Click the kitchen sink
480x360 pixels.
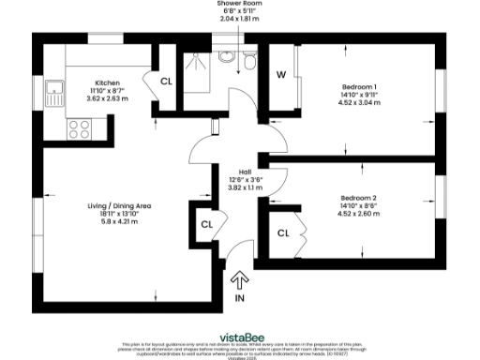(x=57, y=94)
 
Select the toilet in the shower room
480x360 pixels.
(x=248, y=62)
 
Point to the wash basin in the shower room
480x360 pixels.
(x=227, y=57)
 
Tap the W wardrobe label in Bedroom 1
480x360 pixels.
(x=280, y=74)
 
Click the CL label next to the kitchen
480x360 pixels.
(x=167, y=81)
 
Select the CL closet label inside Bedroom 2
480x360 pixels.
(x=282, y=232)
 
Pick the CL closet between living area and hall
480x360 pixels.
(x=205, y=225)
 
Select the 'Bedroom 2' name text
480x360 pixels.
(x=358, y=198)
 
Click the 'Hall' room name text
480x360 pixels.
(x=245, y=172)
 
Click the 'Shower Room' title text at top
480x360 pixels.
(x=241, y=4)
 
